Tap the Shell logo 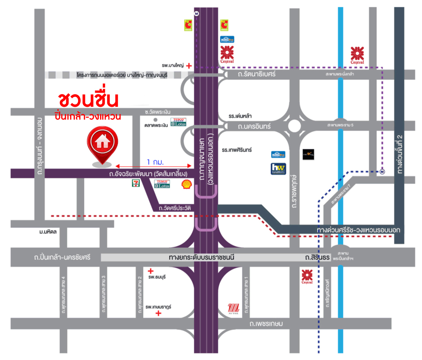(187, 184)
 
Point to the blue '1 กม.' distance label (155, 162)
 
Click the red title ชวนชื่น (88, 99)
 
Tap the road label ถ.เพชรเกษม (266, 324)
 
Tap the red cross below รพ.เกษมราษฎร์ (159, 313)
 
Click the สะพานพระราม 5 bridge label (340, 125)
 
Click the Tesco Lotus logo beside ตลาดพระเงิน (178, 122)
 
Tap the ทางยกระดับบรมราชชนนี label (202, 257)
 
